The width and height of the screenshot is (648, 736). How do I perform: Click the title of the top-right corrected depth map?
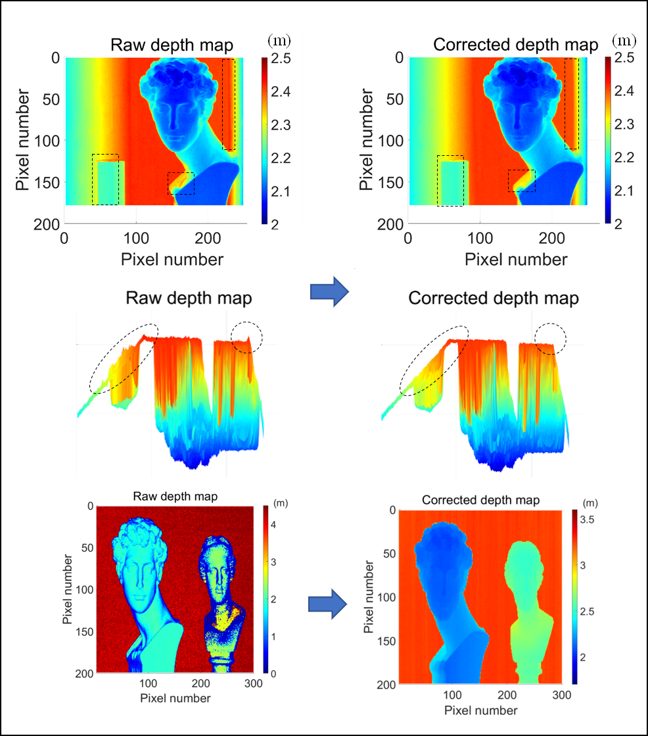point(516,45)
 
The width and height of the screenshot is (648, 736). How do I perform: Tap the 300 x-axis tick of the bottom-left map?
point(252,684)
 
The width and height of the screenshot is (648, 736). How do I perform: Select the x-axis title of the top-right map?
point(516,259)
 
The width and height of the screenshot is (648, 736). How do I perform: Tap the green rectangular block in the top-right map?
point(451,182)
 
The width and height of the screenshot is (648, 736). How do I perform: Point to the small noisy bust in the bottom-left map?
point(222,592)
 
